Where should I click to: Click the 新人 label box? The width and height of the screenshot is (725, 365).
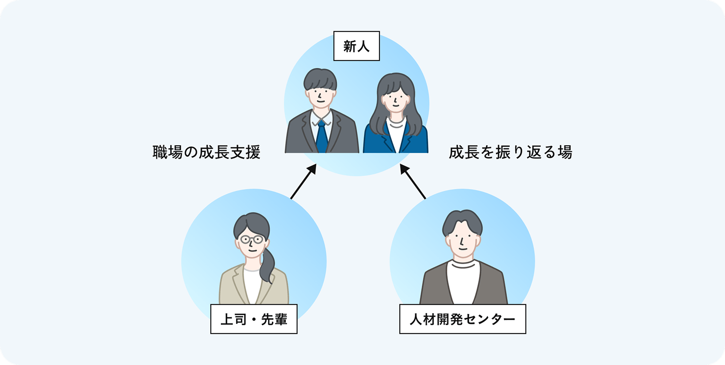357,46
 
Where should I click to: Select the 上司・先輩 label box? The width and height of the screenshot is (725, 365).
253,319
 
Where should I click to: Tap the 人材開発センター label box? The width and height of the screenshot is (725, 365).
462,319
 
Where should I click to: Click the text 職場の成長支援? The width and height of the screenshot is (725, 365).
206,152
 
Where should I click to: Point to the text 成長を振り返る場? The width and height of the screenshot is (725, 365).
510,152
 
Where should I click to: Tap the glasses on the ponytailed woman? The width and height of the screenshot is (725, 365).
252,239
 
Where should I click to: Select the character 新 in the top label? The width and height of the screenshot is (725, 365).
350,46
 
